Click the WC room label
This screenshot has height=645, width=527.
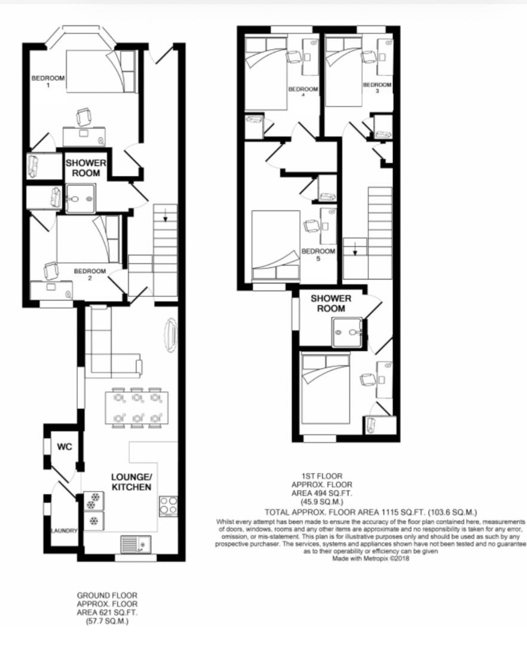(65, 447)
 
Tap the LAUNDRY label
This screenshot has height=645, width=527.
(64, 531)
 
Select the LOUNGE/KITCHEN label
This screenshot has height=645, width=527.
(131, 482)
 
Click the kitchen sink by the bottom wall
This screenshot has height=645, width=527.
(136, 545)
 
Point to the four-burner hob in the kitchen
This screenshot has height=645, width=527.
(168, 506)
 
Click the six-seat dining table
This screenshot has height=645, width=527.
(137, 408)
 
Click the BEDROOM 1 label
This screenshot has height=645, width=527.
(48, 81)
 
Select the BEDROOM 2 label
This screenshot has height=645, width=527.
(90, 274)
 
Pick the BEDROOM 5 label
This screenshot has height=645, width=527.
(318, 254)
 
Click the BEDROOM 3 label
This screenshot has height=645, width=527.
(377, 88)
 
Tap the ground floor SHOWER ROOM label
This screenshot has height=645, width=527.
(86, 168)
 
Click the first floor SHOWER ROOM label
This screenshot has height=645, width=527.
(331, 303)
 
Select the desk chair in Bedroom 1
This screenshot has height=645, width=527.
(84, 117)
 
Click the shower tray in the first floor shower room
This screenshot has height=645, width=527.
(348, 332)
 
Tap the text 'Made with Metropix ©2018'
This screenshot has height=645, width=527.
(370, 558)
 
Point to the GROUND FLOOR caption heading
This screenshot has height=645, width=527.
(107, 595)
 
